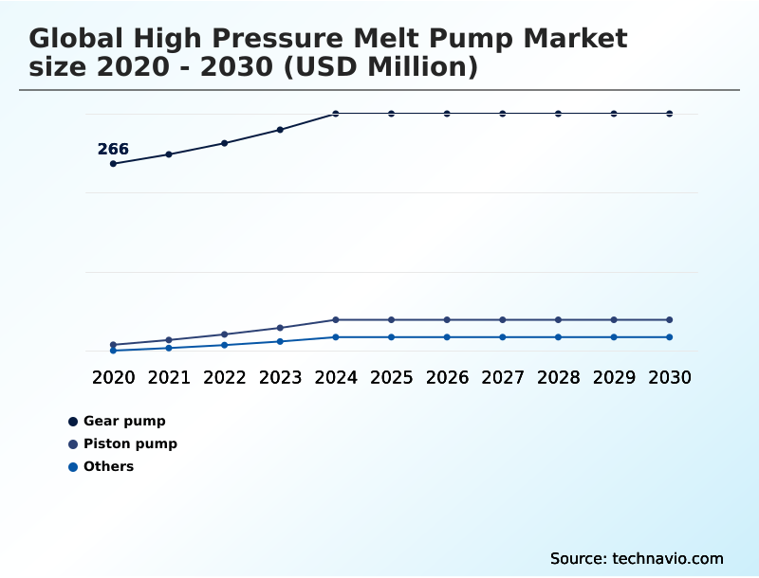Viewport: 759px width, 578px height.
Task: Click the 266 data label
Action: point(113,149)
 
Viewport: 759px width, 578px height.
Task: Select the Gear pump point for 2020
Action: point(113,164)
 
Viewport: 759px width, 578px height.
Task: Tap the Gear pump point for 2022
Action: point(225,143)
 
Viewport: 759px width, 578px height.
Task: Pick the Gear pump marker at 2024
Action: point(336,114)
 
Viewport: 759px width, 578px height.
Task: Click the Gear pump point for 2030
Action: point(670,114)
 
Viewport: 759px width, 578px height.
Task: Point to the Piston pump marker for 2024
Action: point(336,319)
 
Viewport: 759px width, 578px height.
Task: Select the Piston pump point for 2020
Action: point(113,345)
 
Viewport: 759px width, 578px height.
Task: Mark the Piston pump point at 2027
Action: point(503,319)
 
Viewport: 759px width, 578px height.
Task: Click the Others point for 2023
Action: point(280,341)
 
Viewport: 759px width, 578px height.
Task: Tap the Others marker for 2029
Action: point(614,337)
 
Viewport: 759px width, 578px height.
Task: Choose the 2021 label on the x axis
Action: point(169,377)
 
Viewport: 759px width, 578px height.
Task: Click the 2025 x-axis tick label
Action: point(392,377)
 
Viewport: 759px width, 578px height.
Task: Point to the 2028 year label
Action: point(559,377)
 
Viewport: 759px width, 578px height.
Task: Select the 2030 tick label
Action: point(670,377)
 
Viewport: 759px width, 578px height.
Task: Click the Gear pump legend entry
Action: point(124,421)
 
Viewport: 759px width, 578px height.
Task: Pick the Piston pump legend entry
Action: point(130,443)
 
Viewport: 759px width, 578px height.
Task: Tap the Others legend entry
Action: point(108,466)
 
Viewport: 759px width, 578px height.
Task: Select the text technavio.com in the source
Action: point(668,558)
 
